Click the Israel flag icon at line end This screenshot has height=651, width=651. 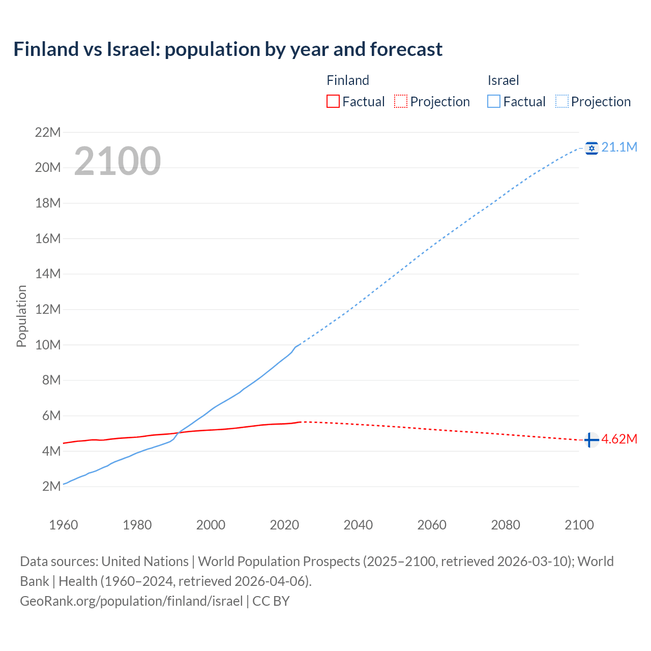[591, 148]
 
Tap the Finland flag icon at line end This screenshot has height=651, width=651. [591, 440]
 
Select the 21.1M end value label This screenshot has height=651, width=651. [619, 147]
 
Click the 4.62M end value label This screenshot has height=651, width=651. [619, 439]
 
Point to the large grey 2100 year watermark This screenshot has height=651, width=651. [117, 161]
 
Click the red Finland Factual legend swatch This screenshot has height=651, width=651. [333, 102]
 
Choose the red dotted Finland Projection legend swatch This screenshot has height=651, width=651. [401, 102]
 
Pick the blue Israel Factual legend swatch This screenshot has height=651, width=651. [493, 102]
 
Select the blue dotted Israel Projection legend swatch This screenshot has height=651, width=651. [562, 102]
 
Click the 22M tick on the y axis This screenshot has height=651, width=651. [48, 133]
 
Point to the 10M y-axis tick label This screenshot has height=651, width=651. [48, 345]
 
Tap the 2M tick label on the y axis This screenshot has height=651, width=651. [51, 487]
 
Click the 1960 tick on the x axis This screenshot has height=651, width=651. [64, 525]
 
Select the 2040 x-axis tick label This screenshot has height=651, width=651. [358, 525]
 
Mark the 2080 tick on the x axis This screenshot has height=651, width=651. [506, 525]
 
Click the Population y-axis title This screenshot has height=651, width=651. [21, 316]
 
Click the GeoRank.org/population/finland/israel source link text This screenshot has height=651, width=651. [131, 601]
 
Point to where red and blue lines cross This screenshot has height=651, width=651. [177, 433]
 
